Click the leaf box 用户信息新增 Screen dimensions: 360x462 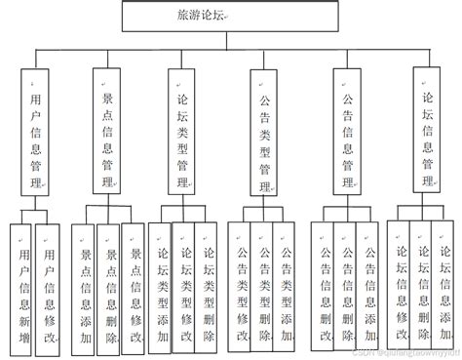tap(20, 289)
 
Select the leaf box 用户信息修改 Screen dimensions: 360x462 tap(45, 289)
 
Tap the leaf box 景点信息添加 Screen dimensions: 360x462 tap(87, 289)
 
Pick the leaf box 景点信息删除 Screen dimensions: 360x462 tap(110, 289)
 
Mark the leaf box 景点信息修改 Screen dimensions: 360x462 tap(134, 289)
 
